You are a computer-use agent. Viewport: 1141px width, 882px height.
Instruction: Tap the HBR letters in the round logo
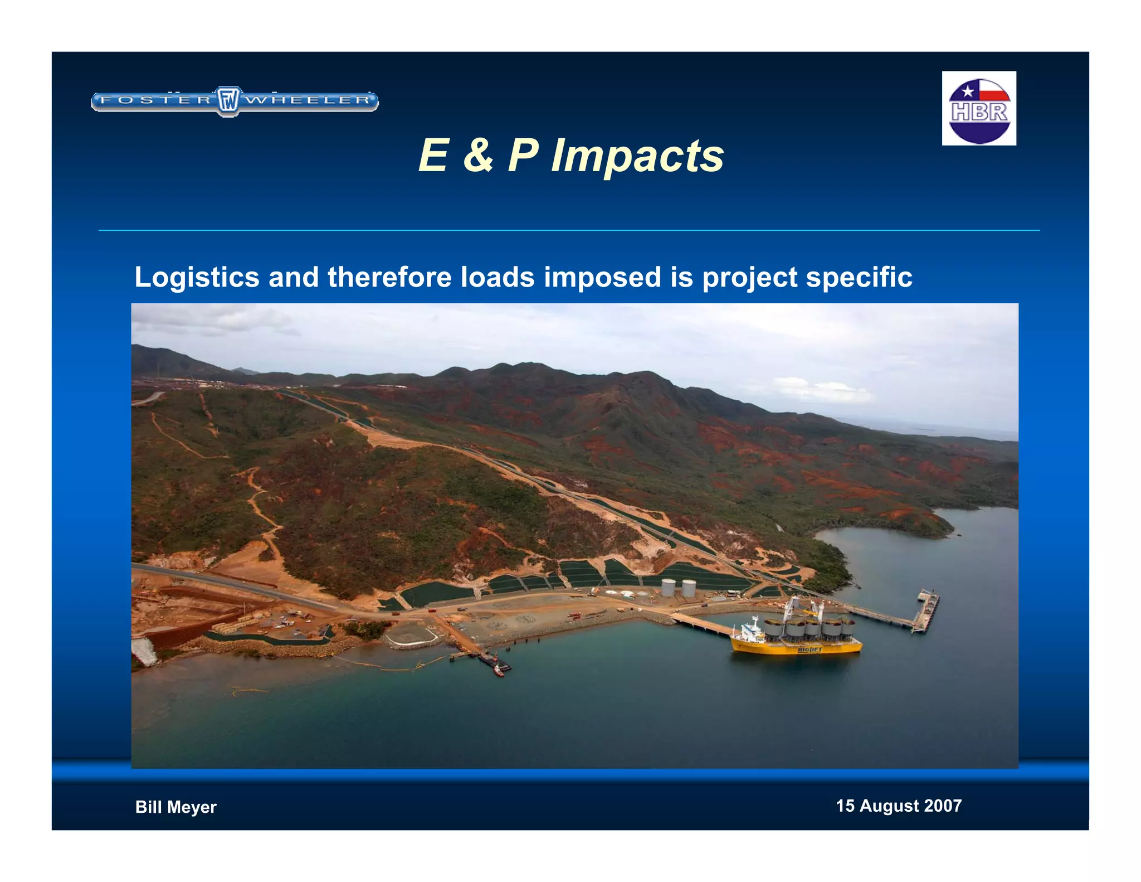click(x=979, y=112)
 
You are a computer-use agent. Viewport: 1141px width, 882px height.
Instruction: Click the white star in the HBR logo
click(x=968, y=91)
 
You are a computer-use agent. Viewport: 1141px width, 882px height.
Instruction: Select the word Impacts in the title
click(x=637, y=156)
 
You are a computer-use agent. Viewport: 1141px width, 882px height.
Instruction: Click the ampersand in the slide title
click(x=477, y=155)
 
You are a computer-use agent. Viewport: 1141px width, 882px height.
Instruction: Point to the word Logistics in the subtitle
click(x=197, y=278)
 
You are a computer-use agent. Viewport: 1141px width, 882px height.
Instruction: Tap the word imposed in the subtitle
click(x=602, y=278)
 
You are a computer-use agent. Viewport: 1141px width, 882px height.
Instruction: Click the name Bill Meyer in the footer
click(x=175, y=807)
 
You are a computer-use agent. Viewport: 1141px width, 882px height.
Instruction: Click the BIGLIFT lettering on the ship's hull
click(x=809, y=650)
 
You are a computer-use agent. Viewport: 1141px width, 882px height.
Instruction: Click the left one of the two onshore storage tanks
click(x=669, y=588)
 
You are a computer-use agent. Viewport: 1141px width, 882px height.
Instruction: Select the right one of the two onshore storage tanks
click(x=689, y=588)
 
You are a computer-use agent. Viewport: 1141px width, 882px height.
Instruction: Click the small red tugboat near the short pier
click(x=499, y=672)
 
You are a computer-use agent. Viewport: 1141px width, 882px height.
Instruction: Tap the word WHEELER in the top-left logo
click(x=308, y=100)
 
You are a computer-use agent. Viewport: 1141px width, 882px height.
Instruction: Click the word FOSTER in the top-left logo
click(x=157, y=100)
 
